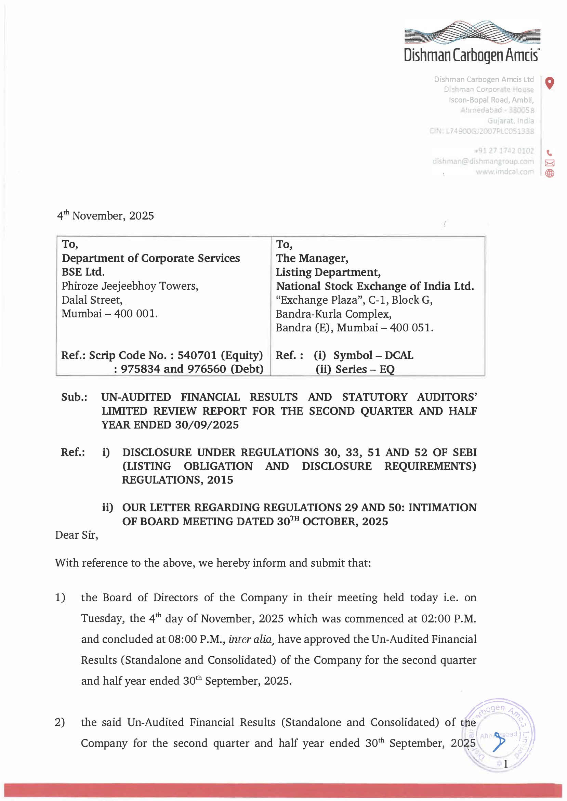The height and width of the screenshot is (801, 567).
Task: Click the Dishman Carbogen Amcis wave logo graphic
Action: (x=472, y=32)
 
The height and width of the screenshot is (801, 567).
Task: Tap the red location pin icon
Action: (x=550, y=83)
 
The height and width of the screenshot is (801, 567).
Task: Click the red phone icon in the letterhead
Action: (x=549, y=153)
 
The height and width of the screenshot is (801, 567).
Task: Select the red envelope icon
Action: (x=550, y=163)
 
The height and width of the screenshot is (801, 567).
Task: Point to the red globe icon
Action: (x=550, y=173)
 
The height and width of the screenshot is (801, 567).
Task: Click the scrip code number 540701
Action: (x=197, y=355)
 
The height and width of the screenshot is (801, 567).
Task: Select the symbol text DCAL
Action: (x=399, y=355)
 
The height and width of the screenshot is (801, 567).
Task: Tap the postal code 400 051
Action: (x=411, y=328)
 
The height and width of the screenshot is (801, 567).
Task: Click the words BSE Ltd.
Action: (x=83, y=272)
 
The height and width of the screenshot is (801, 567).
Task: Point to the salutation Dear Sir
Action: (x=77, y=535)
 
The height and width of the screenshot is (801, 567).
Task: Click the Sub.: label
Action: (x=74, y=397)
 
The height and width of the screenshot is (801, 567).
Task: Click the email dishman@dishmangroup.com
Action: (x=483, y=161)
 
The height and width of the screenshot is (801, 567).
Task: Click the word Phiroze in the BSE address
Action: (x=80, y=286)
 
